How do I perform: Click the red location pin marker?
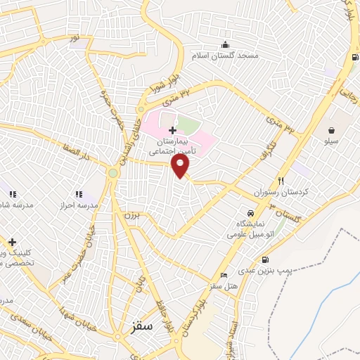[x=181, y=166]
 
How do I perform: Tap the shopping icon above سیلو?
[x=331, y=129]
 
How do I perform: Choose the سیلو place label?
[x=331, y=141]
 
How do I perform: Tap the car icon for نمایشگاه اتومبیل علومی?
[x=250, y=212]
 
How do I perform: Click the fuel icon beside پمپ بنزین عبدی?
[x=264, y=259]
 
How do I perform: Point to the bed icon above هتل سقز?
[x=224, y=275]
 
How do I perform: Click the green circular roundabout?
[x=112, y=173]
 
